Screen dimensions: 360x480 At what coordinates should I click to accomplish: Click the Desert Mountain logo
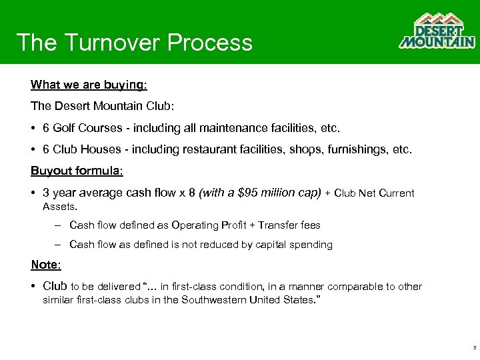point(437,31)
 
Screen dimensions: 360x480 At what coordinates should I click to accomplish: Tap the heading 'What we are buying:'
point(89,85)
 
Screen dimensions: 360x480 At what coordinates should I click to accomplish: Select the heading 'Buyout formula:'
point(77,171)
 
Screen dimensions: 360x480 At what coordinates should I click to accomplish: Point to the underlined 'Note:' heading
point(46,265)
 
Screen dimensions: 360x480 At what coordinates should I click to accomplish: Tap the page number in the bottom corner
point(473,348)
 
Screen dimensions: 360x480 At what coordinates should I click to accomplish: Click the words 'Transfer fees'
point(289,225)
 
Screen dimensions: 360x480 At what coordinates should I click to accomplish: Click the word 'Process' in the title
point(210,42)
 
